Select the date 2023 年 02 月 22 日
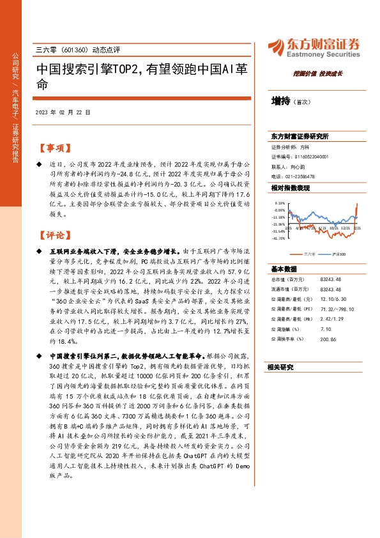tap(63, 112)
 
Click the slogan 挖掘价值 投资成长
tap(323, 73)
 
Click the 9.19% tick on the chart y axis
tap(279, 203)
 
